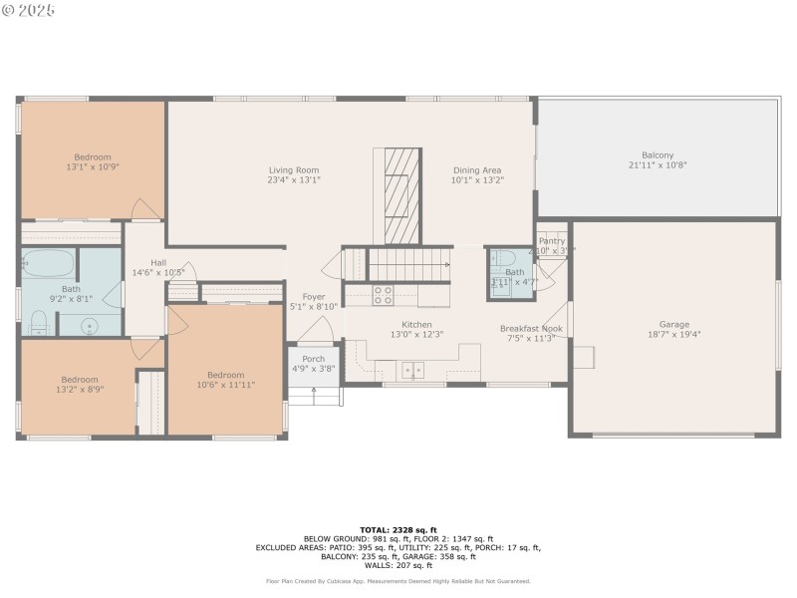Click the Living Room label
[x=293, y=169]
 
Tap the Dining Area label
[x=477, y=169]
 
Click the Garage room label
[x=673, y=324]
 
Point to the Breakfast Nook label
[x=531, y=328]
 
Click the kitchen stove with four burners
[x=383, y=295]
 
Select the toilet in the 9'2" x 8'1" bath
[x=39, y=321]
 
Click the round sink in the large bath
[x=90, y=324]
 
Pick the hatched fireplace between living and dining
[x=398, y=194]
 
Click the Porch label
[x=313, y=359]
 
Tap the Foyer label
[x=314, y=297]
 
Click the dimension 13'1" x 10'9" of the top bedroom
[x=92, y=167]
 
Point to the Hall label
[x=158, y=262]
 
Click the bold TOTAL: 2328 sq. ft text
[x=398, y=529]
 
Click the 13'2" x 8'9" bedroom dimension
[x=80, y=390]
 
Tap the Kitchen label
[x=416, y=325]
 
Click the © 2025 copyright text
[x=29, y=10]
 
